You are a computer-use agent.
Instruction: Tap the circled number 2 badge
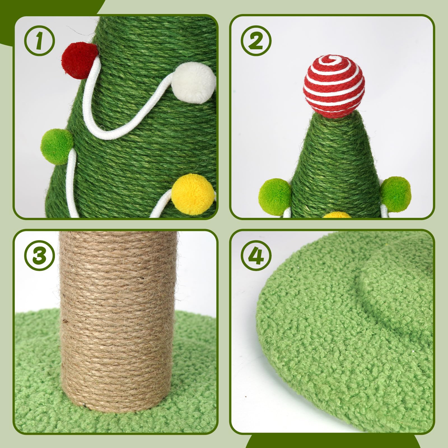pos(256,41)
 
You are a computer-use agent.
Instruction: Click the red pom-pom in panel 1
pos(79,60)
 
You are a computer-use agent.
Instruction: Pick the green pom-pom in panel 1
pos(57,146)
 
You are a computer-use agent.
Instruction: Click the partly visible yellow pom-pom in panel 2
pos(339,215)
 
